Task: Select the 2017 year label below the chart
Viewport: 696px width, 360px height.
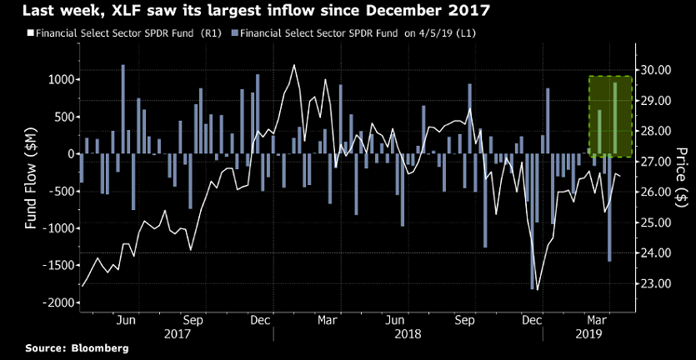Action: tap(177, 332)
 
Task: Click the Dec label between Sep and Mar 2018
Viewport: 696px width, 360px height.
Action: tap(259, 319)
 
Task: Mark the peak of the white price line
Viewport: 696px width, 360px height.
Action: tap(294, 65)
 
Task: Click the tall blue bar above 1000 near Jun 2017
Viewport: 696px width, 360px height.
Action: tap(123, 109)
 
